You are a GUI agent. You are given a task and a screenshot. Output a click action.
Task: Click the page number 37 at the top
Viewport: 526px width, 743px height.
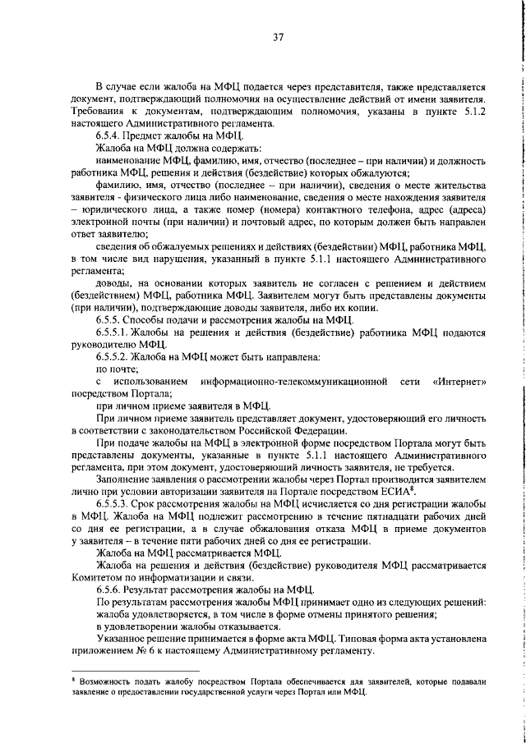tap(279, 36)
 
